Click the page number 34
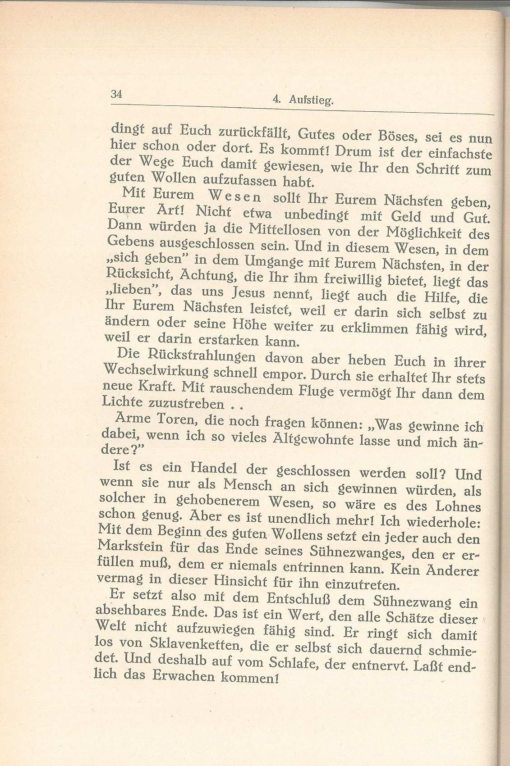point(116,94)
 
